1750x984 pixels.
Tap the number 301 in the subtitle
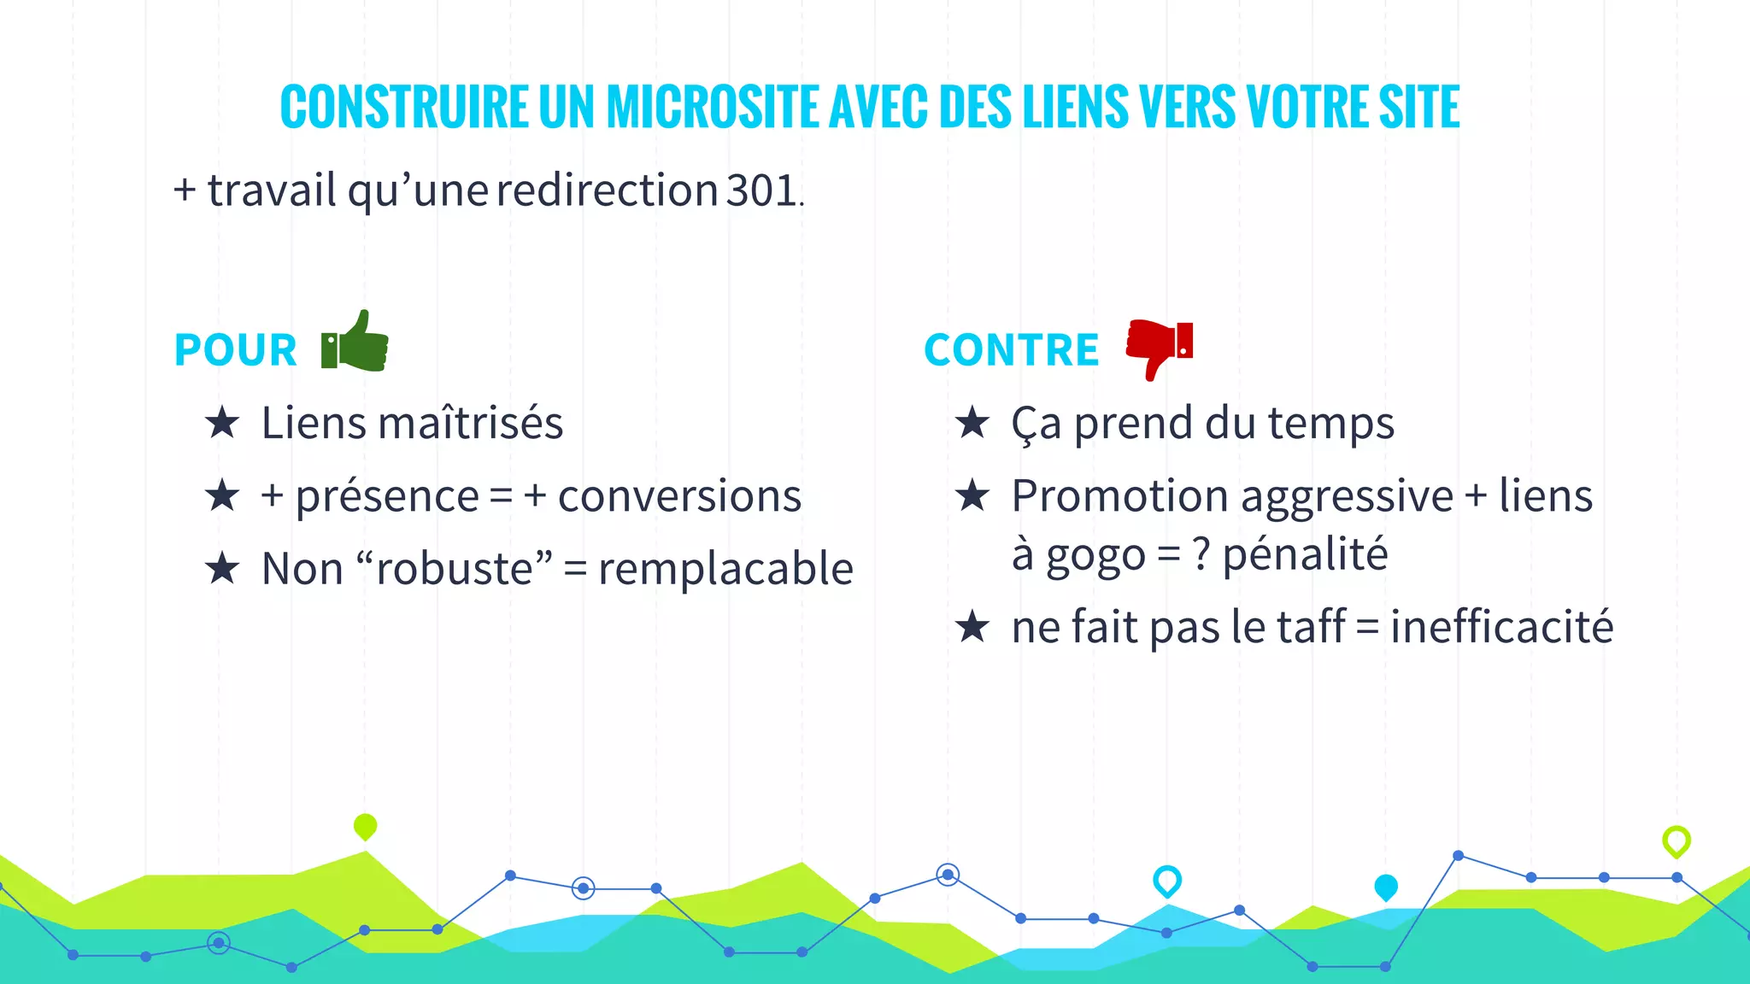[761, 190]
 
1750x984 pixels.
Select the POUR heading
[235, 350]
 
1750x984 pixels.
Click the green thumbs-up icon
[356, 342]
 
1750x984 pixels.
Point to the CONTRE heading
[1011, 350]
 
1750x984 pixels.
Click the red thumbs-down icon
[1160, 346]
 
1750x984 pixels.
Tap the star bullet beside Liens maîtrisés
[222, 423]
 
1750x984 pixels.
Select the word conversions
[679, 496]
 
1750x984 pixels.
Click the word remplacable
[725, 569]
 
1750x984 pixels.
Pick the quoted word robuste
[455, 569]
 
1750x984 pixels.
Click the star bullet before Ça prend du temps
[972, 423]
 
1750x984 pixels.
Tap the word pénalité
[1305, 553]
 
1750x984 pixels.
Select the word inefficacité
[1501, 627]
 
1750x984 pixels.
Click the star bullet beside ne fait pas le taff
[972, 627]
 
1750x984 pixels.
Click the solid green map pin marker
[365, 826]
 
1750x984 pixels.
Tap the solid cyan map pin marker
[1386, 887]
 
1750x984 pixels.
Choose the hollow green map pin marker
[1677, 840]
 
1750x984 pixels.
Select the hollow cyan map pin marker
[1167, 880]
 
